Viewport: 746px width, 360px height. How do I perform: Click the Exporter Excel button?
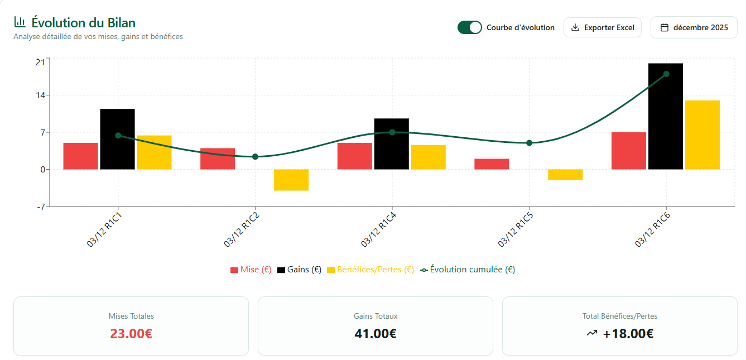(603, 27)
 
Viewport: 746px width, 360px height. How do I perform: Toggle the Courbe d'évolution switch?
(469, 27)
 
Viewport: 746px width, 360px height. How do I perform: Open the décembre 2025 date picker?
(694, 27)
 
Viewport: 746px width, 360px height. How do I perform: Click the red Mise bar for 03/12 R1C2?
(218, 159)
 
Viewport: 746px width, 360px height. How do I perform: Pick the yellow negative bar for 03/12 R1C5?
(565, 175)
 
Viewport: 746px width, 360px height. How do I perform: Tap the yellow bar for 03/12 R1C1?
(154, 152)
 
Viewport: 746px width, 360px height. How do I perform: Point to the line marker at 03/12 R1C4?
(392, 132)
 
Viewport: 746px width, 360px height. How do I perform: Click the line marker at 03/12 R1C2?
(255, 157)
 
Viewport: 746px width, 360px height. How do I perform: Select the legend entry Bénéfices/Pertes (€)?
(370, 270)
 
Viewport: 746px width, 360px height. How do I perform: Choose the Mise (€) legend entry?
(251, 270)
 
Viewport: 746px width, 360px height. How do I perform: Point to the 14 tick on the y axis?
(40, 95)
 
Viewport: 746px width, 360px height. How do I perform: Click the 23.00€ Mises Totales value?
(131, 334)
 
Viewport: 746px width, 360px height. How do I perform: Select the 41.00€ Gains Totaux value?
(376, 334)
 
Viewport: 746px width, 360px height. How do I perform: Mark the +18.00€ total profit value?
(628, 334)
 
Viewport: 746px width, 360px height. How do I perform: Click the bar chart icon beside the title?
(20, 22)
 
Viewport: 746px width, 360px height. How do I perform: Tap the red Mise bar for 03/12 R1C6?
(629, 151)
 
